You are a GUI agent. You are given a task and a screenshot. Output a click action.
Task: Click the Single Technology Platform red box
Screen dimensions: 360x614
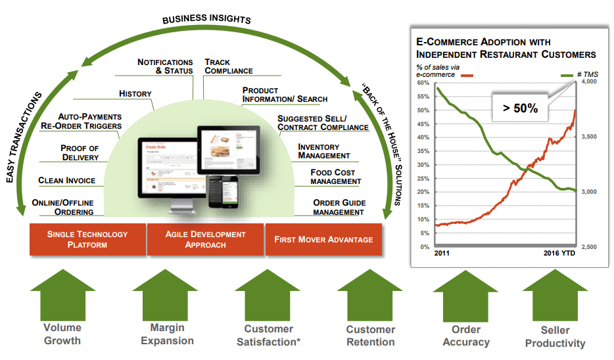pos(87,239)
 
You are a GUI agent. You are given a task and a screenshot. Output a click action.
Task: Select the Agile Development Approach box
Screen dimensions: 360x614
pos(205,239)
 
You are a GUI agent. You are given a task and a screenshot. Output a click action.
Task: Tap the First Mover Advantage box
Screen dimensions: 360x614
pos(323,239)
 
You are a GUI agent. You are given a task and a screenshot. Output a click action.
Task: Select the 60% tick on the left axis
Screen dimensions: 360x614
pos(423,83)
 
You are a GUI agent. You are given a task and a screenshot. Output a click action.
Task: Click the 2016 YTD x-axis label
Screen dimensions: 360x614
pos(559,253)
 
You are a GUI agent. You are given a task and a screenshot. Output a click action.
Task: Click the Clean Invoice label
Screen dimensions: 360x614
pos(66,180)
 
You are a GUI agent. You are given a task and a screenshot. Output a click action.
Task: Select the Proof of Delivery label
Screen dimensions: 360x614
pos(79,152)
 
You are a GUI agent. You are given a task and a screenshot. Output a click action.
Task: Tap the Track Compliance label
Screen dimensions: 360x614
pos(228,66)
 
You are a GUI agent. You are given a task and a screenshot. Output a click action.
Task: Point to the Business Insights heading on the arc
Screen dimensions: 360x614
pos(206,19)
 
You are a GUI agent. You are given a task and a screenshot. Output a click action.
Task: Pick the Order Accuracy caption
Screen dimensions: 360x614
pos(465,335)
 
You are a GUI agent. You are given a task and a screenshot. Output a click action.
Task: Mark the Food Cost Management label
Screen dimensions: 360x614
pos(335,177)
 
